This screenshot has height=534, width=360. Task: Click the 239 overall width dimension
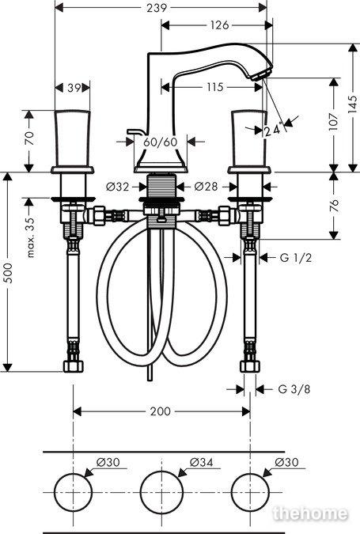pos(157,7)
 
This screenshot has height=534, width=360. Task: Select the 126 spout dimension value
pos(219,25)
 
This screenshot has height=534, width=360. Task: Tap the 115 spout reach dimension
pos(214,87)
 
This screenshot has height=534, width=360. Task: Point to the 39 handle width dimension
pos(74,88)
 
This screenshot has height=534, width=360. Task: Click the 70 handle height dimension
pos(29,138)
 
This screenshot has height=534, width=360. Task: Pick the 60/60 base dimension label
pos(161,142)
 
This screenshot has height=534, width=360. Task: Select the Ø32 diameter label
pos(118,187)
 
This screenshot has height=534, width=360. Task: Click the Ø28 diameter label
pos(206,187)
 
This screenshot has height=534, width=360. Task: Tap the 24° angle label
pos(274,130)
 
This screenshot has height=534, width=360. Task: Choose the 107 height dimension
pos(334,122)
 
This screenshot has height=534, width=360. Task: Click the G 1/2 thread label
pos(296,258)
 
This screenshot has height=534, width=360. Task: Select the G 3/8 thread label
pos(294,389)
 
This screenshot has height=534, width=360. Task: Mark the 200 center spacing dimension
pos(160,411)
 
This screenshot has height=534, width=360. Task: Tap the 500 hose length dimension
pos(7,273)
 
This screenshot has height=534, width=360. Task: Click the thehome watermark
pos(311,513)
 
